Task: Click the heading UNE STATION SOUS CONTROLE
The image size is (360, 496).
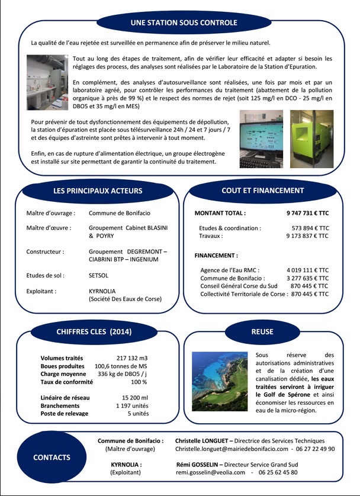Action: [x=184, y=22]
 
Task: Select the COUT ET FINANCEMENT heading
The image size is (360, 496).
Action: [x=262, y=191]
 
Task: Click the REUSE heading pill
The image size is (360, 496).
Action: [x=262, y=331]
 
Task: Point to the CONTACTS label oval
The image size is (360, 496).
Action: [x=52, y=458]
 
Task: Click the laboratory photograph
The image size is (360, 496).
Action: [x=47, y=82]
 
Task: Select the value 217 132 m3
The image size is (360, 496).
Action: [x=133, y=358]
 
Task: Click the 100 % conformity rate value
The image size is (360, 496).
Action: [x=139, y=382]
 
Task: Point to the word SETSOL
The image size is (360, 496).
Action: [x=99, y=275]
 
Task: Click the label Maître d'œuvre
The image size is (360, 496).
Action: [x=49, y=227]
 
